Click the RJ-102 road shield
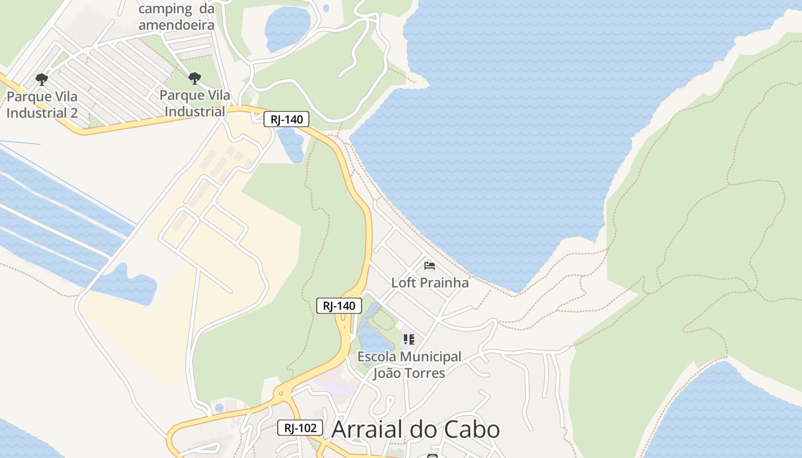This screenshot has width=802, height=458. click(300, 428)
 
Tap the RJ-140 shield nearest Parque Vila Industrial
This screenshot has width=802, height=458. click(286, 119)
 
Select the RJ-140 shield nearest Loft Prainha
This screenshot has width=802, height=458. click(339, 306)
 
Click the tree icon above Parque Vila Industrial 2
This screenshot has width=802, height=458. click(41, 78)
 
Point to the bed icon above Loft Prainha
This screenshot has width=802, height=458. click(429, 265)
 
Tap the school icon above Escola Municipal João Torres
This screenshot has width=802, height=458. click(408, 339)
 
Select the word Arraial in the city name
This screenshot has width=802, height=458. click(366, 429)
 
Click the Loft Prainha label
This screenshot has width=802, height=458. click(430, 282)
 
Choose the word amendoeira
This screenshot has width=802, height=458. click(176, 25)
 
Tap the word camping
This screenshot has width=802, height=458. click(166, 9)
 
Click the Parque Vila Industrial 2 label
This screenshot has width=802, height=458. click(42, 104)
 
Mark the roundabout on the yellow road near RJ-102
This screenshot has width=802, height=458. click(280, 393)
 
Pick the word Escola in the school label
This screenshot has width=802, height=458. click(378, 357)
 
